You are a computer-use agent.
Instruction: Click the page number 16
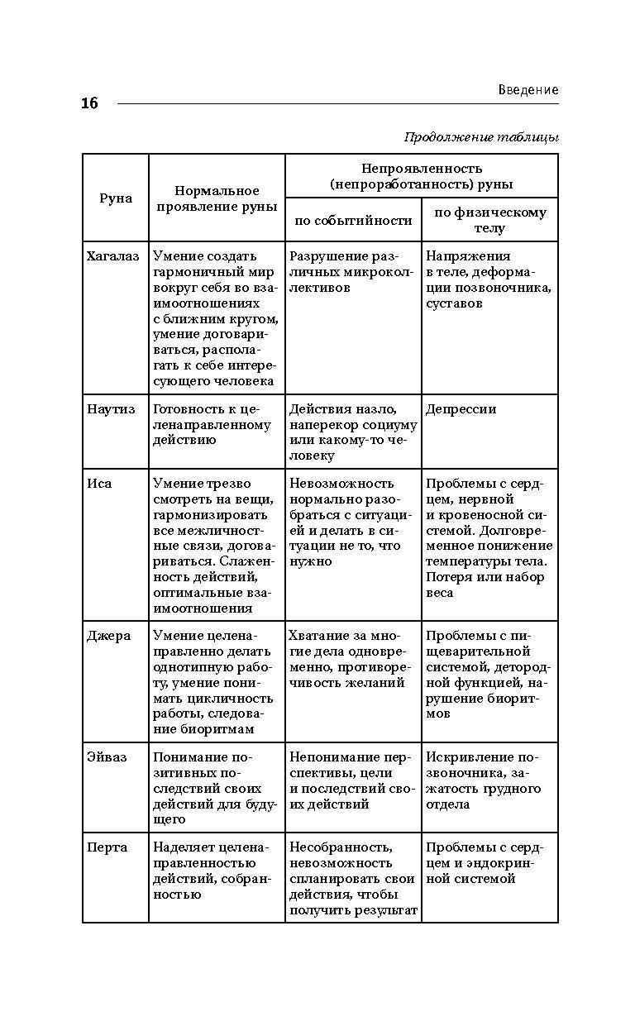click(x=89, y=103)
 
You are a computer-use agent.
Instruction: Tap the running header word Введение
click(x=528, y=89)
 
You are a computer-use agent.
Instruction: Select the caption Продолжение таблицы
click(x=481, y=137)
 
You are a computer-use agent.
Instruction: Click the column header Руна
click(x=116, y=198)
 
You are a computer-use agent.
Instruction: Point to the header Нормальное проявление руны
click(x=217, y=198)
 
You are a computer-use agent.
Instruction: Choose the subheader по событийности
click(x=353, y=220)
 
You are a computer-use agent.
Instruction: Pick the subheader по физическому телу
click(x=489, y=220)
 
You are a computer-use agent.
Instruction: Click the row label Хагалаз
click(x=113, y=256)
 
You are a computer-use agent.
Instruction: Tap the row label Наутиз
click(x=112, y=409)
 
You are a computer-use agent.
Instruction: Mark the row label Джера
click(x=108, y=637)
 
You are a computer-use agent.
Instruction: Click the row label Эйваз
click(x=107, y=757)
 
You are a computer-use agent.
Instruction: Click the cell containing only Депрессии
click(x=461, y=409)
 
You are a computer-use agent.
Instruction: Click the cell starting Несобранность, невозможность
click(x=352, y=879)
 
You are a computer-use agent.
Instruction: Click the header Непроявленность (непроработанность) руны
click(x=421, y=176)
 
